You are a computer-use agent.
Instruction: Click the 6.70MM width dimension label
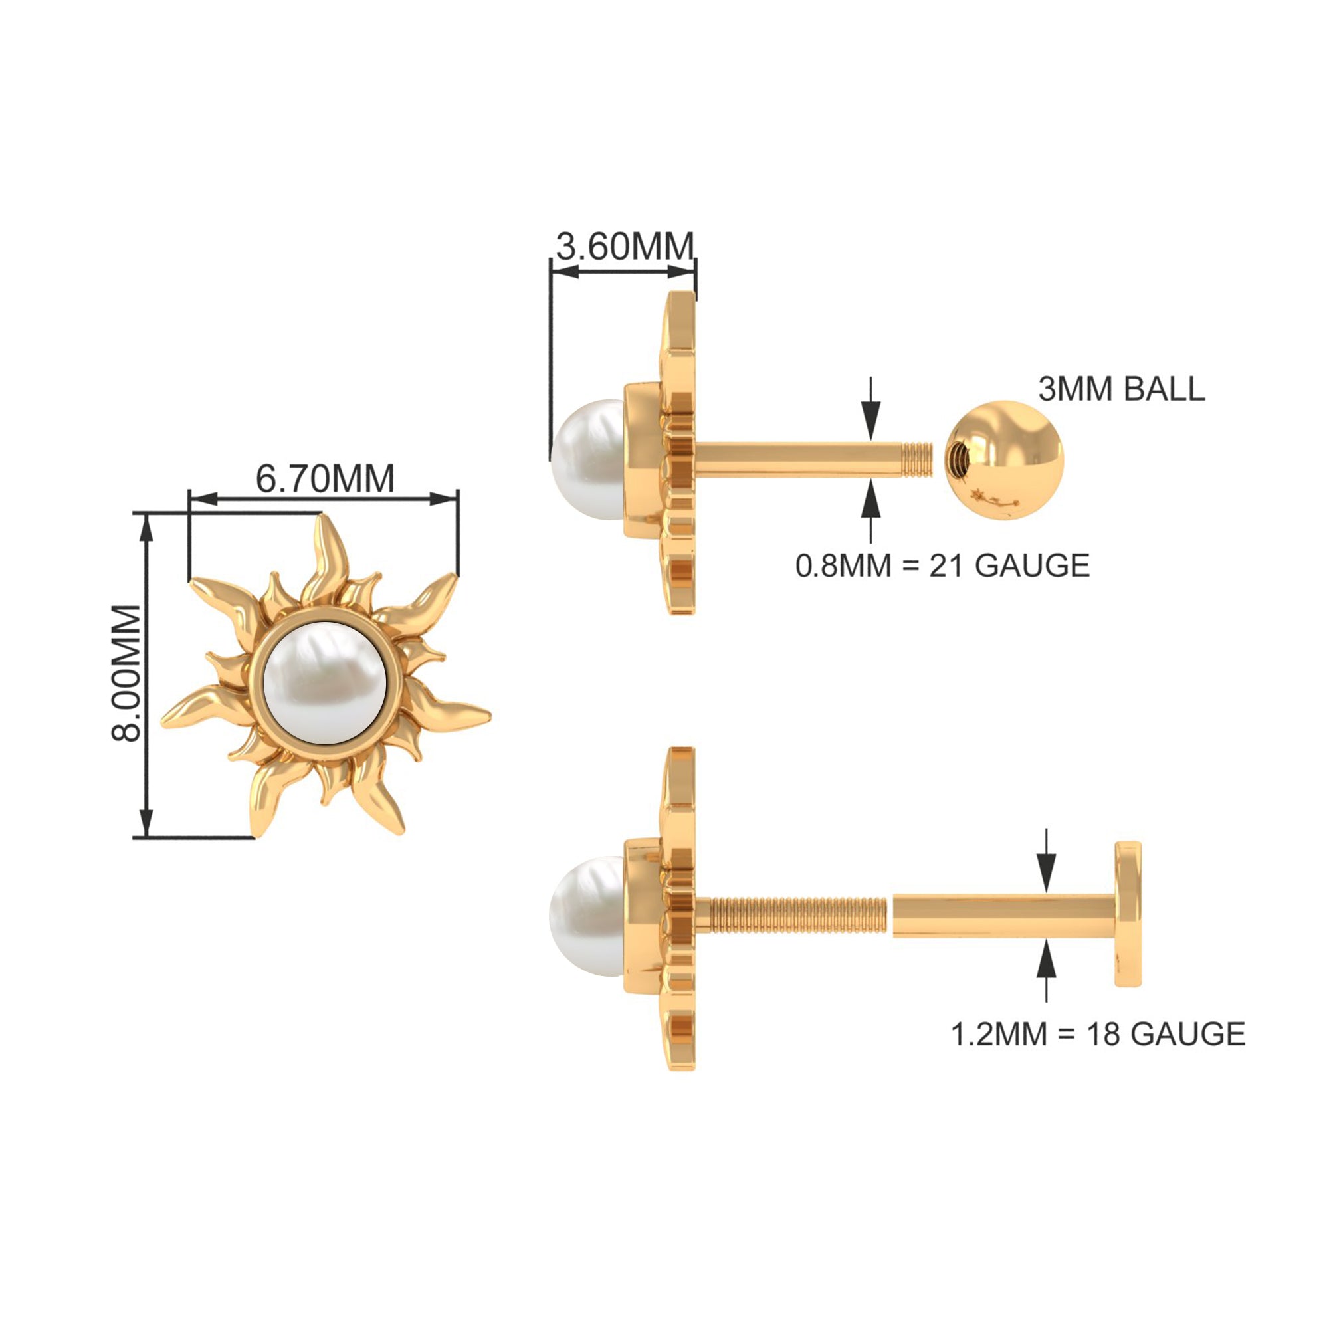(326, 478)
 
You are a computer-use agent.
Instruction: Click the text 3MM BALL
(1121, 389)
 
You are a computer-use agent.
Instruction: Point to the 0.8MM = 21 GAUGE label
(942, 565)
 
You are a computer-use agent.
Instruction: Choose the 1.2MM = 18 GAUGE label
(1098, 1034)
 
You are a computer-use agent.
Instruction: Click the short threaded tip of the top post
(918, 460)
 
